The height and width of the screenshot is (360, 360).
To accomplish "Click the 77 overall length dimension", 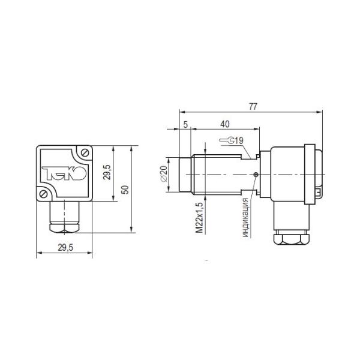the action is [x=253, y=107].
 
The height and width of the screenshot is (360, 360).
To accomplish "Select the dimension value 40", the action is [x=225, y=124].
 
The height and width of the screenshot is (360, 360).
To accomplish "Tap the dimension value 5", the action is [x=185, y=124].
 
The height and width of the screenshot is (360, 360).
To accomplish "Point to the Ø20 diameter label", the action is [x=164, y=174].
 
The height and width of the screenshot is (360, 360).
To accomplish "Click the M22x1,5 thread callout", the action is [x=200, y=217].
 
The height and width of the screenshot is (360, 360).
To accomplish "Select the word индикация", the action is [x=245, y=217].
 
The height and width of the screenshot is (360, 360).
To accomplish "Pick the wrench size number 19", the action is [x=239, y=140].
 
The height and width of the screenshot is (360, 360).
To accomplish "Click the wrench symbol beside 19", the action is [x=227, y=140].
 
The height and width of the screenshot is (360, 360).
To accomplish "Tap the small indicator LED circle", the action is [x=256, y=175].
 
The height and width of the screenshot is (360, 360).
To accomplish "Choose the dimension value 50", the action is [x=125, y=190].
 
